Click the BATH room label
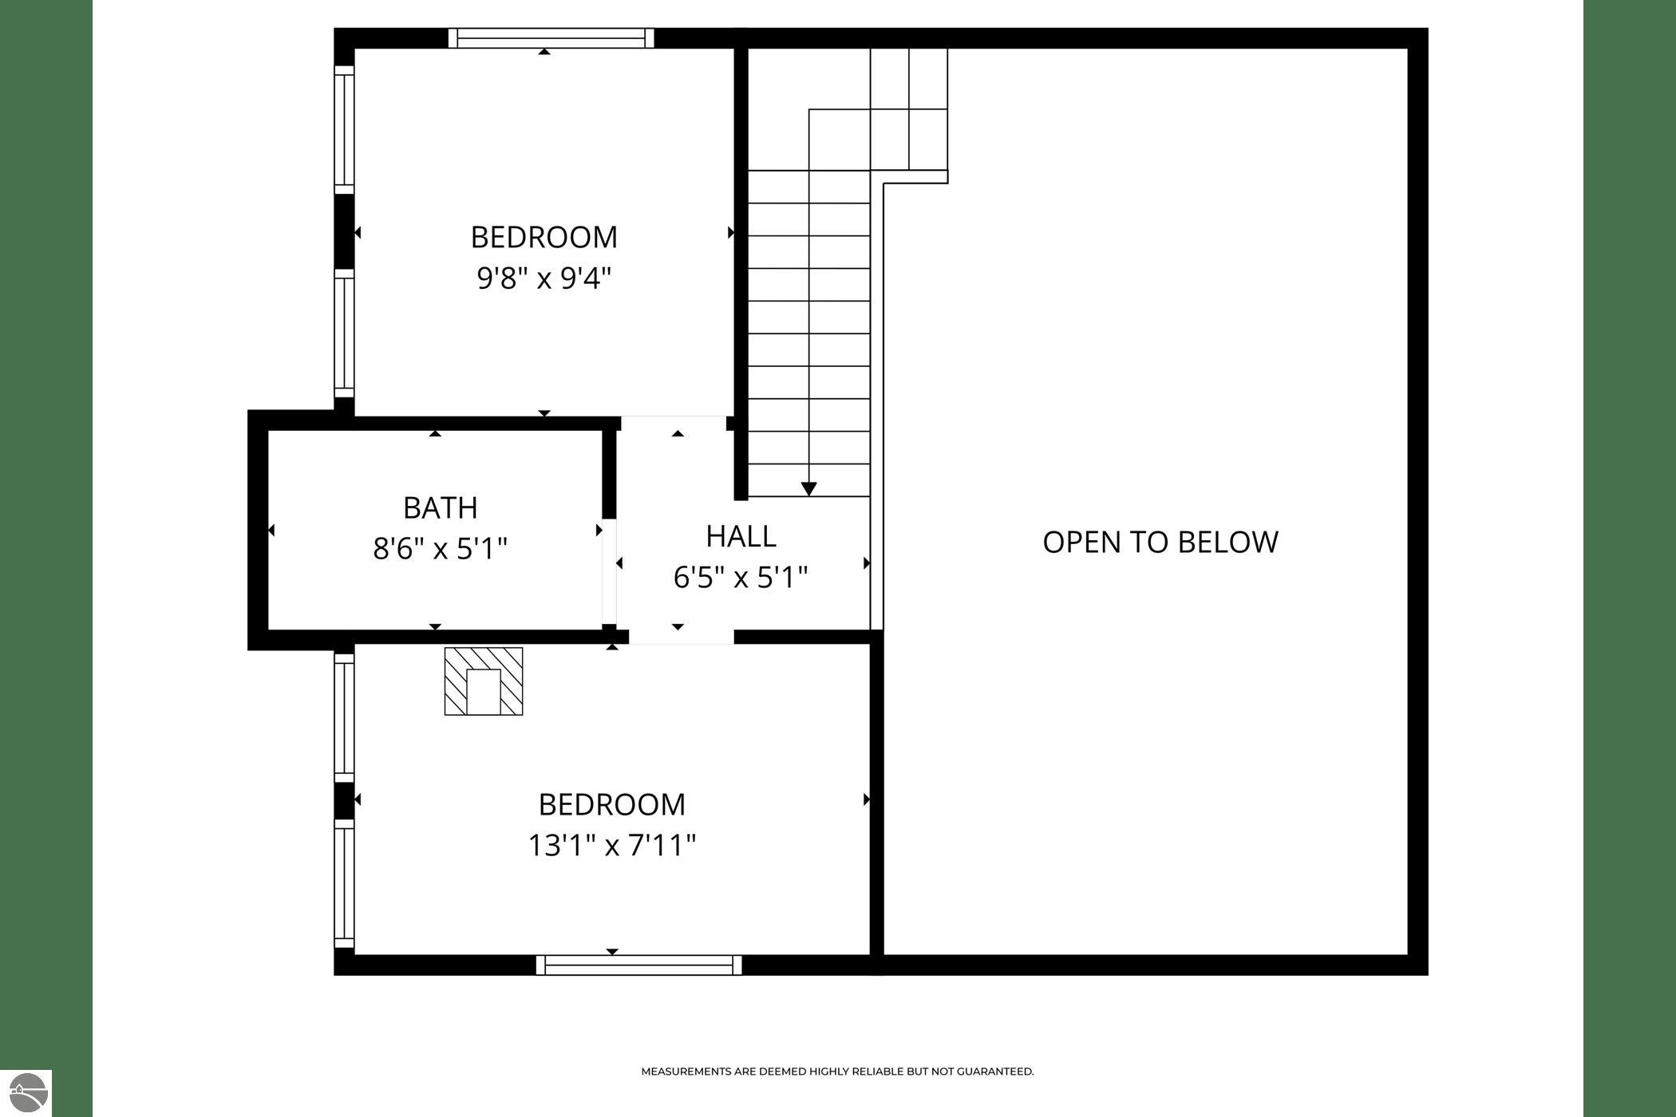[x=440, y=507]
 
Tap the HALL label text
[x=741, y=536]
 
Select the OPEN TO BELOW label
[x=1160, y=542]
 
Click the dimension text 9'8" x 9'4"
[x=544, y=278]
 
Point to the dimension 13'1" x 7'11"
[x=612, y=845]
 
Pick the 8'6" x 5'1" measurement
[x=440, y=549]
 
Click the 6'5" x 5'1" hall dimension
[x=741, y=577]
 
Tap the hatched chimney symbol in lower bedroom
[x=484, y=681]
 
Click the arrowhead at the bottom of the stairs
[x=809, y=488]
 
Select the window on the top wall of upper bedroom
[x=551, y=38]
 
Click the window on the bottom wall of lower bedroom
[x=638, y=965]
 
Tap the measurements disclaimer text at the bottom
[x=837, y=1072]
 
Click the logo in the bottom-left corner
[x=26, y=1093]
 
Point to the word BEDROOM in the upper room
[x=544, y=237]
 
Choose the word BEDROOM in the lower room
[x=612, y=804]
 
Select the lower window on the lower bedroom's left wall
[x=344, y=884]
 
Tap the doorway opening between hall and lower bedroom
[x=681, y=637]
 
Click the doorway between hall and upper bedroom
[x=674, y=423]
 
